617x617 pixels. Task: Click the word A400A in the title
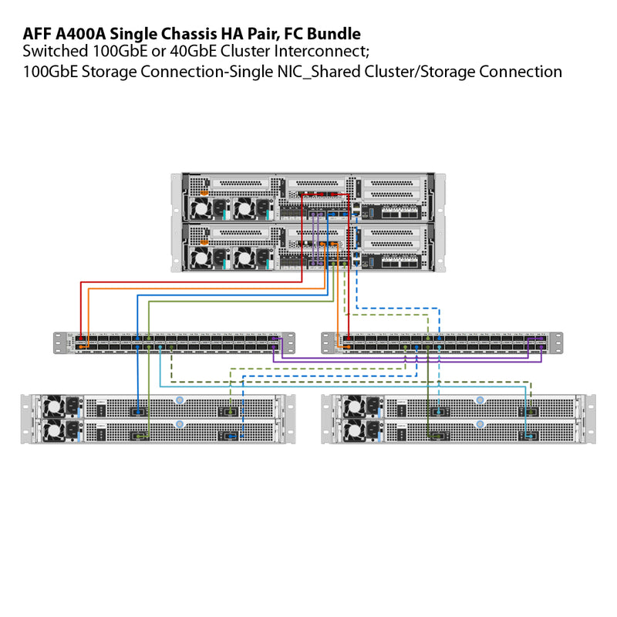click(81, 34)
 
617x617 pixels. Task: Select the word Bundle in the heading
click(333, 34)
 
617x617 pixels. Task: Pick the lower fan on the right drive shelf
click(353, 429)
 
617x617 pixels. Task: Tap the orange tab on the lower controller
click(204, 242)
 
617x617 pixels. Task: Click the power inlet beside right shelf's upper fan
click(373, 406)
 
